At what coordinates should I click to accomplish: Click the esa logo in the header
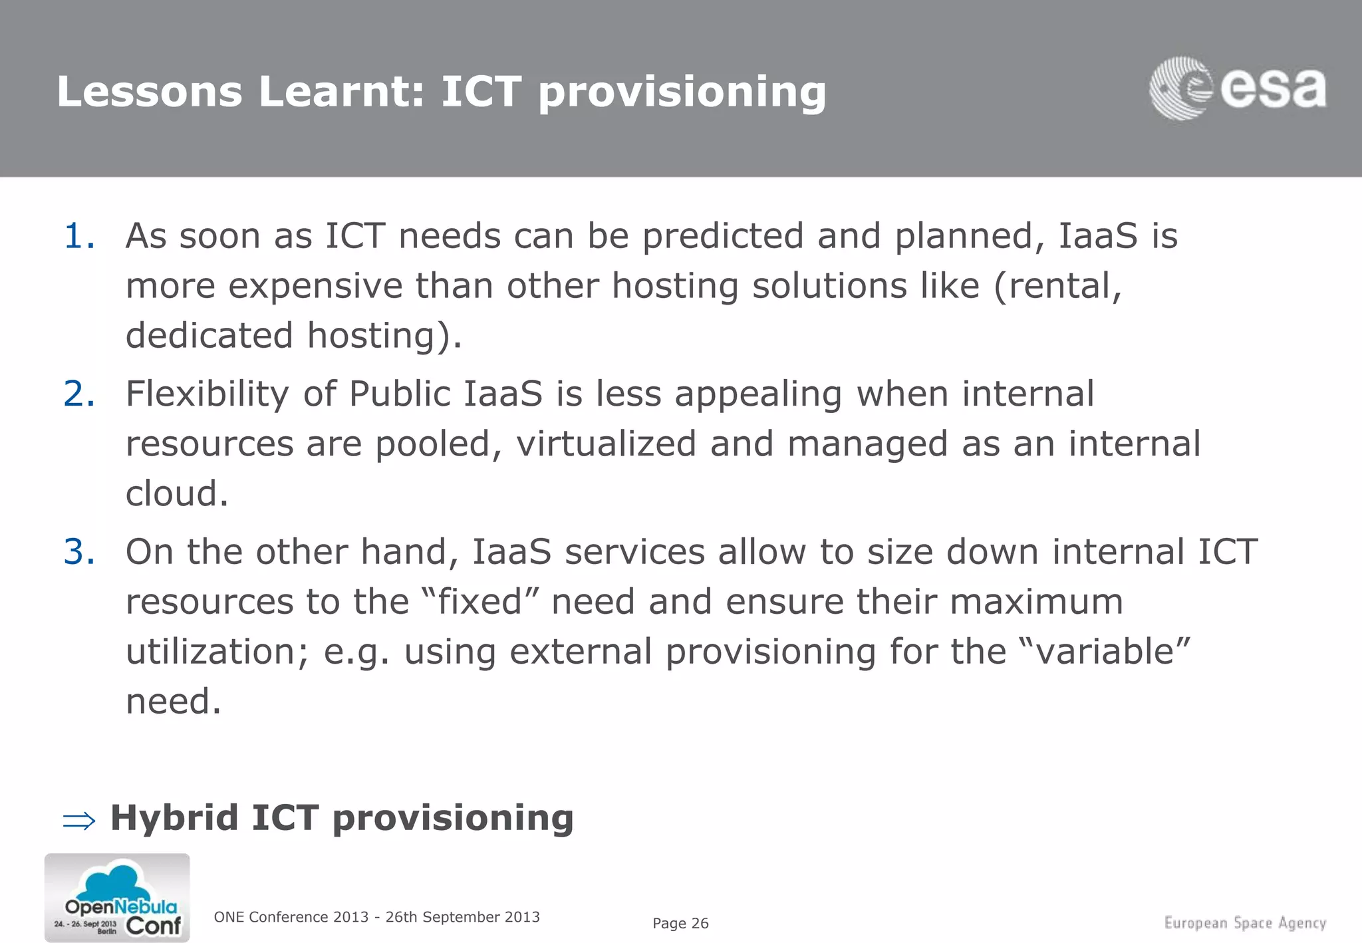click(1237, 88)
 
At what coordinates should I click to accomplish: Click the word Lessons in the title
click(150, 91)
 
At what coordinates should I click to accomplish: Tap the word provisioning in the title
click(682, 92)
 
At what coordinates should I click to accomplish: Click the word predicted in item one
click(723, 237)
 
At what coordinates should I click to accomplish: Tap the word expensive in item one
click(316, 287)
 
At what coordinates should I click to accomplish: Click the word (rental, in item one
click(1058, 287)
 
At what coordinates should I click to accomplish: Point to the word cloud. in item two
click(177, 493)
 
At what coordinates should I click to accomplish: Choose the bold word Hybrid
click(174, 818)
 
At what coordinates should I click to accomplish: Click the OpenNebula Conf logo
click(117, 898)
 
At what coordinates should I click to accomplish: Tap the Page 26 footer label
click(680, 923)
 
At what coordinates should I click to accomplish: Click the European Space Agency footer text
click(1245, 923)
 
